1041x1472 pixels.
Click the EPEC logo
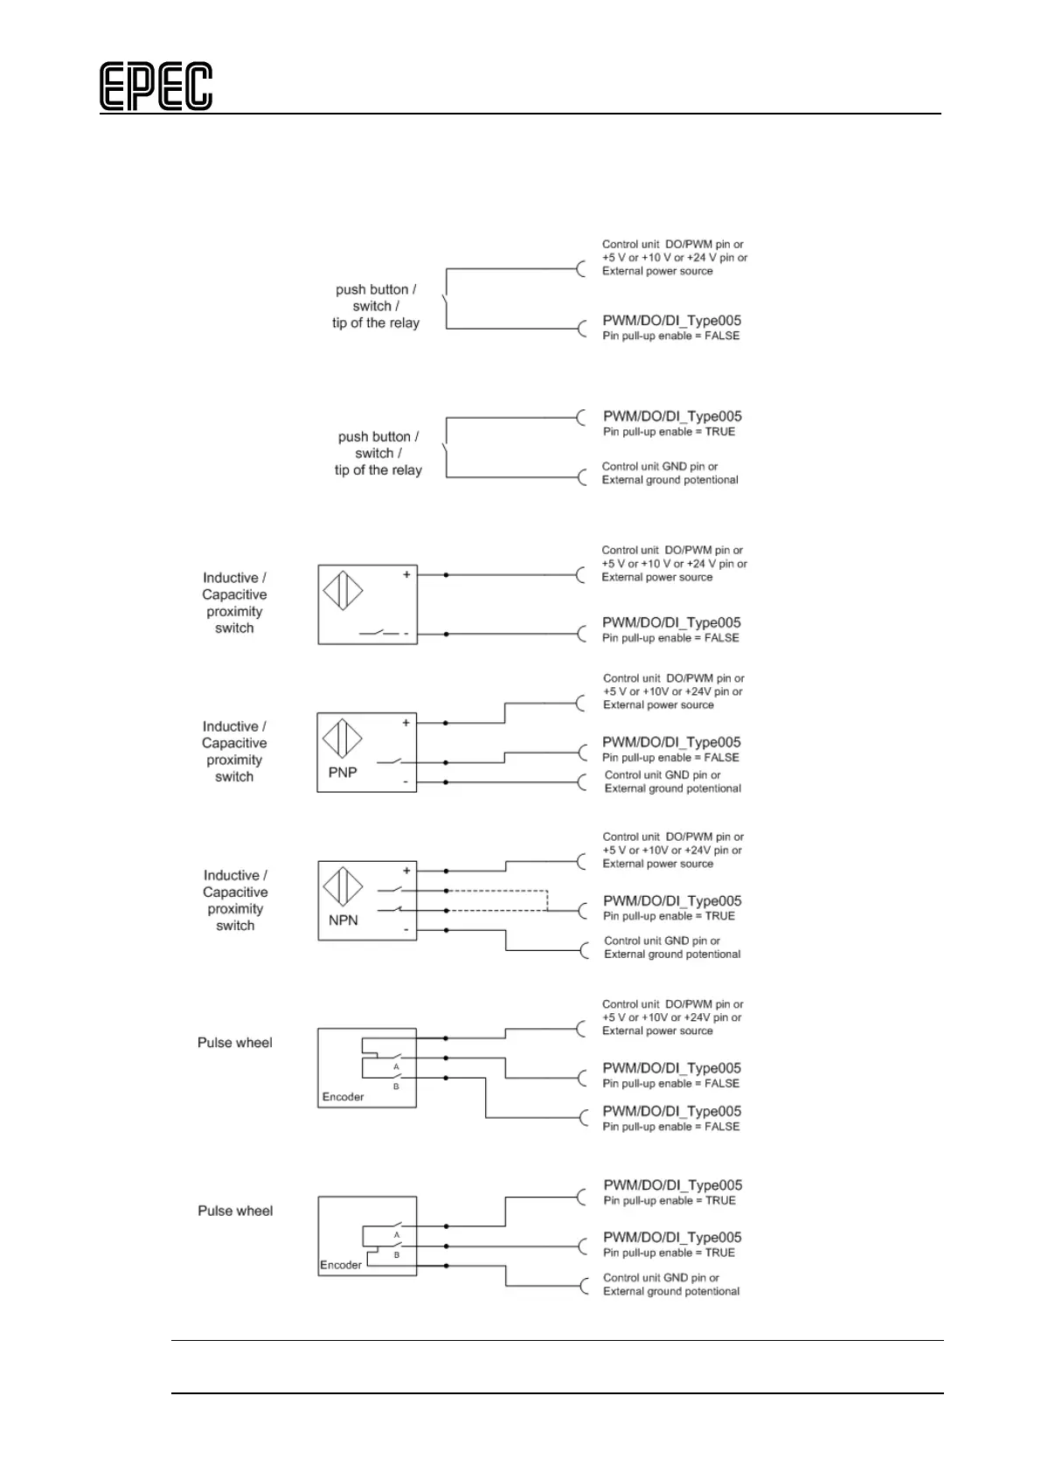click(x=156, y=87)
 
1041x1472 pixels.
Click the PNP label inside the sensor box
click(x=343, y=772)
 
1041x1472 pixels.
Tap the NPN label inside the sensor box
click(x=344, y=920)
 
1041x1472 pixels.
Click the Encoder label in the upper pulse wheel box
click(x=343, y=1097)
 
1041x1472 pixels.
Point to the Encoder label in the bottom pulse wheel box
click(x=341, y=1265)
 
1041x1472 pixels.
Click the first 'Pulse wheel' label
click(x=234, y=1043)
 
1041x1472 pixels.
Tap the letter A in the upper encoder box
click(x=396, y=1067)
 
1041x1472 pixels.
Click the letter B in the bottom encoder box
click(x=396, y=1254)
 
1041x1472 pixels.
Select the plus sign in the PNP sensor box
click(x=406, y=723)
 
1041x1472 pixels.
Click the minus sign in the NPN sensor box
click(x=406, y=929)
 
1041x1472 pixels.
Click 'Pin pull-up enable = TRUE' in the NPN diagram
click(x=669, y=916)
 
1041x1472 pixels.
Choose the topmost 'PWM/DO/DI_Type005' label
click(x=671, y=321)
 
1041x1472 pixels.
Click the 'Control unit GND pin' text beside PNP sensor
click(x=663, y=775)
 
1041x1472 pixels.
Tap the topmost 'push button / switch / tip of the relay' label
click(x=376, y=306)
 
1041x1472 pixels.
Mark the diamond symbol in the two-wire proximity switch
click(x=343, y=590)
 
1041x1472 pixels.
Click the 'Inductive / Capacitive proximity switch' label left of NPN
click(x=235, y=900)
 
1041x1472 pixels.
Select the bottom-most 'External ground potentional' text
click(x=671, y=1291)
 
